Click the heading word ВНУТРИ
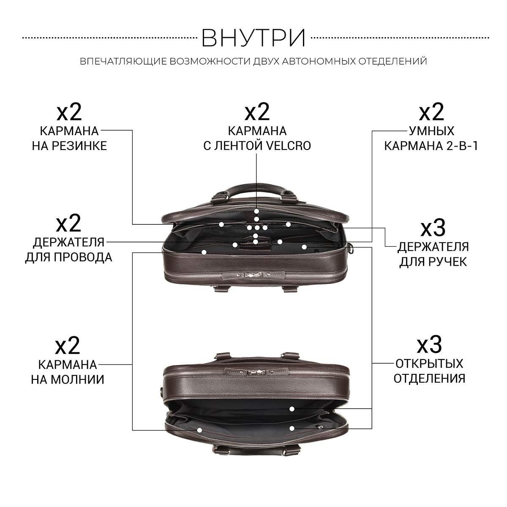(253, 38)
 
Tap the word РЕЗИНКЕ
(79, 146)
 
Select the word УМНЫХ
(431, 131)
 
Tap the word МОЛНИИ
(78, 379)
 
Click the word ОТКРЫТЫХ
(429, 364)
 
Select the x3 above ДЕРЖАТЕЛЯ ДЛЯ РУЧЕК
(433, 228)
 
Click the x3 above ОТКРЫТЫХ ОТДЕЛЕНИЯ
(429, 345)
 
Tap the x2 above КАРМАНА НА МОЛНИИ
(67, 346)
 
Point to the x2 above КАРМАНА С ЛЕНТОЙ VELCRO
(257, 112)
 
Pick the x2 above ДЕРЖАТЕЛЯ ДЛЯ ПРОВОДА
(68, 224)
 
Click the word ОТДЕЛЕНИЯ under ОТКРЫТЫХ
(429, 379)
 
